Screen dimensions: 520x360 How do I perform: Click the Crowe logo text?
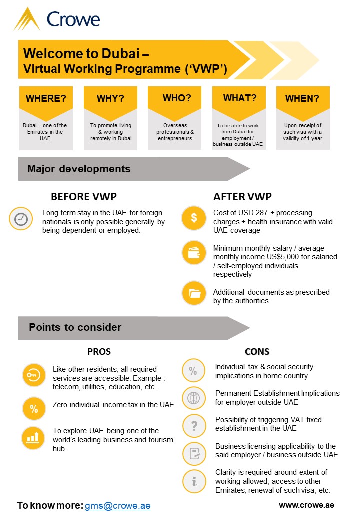click(73, 19)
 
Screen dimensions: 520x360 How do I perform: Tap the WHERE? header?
click(46, 98)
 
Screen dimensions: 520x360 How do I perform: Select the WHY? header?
click(110, 98)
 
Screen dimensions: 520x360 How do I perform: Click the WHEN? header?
click(302, 98)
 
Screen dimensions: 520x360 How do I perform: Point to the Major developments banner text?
click(79, 169)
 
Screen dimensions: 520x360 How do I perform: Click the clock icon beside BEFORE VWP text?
click(21, 219)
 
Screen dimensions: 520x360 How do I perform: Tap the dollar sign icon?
click(193, 218)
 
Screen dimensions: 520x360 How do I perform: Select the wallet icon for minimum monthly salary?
click(193, 252)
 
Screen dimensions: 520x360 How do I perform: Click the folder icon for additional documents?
click(193, 293)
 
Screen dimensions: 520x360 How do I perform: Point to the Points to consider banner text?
click(75, 327)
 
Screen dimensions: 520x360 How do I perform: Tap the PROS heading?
click(99, 351)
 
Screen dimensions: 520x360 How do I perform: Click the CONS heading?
click(257, 351)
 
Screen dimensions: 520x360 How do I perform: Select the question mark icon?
click(193, 426)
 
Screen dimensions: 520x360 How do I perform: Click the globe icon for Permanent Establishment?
click(193, 398)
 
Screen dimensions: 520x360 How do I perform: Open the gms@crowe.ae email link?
click(117, 505)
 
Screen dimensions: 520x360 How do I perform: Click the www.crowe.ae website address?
click(306, 505)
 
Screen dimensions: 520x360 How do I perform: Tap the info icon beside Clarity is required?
click(193, 482)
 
